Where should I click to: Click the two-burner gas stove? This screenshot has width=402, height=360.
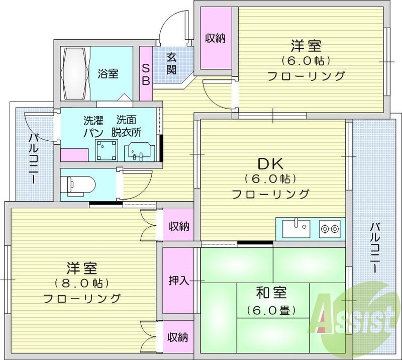(x=330, y=229)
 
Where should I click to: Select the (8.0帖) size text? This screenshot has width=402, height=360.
(x=80, y=283)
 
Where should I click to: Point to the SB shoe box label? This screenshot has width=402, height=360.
(x=146, y=74)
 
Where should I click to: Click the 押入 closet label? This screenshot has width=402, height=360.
(x=178, y=281)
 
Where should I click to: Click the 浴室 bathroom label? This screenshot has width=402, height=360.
(x=108, y=74)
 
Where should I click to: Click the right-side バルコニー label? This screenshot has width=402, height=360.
(x=374, y=247)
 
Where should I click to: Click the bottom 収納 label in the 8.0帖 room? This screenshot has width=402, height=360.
(x=178, y=336)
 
